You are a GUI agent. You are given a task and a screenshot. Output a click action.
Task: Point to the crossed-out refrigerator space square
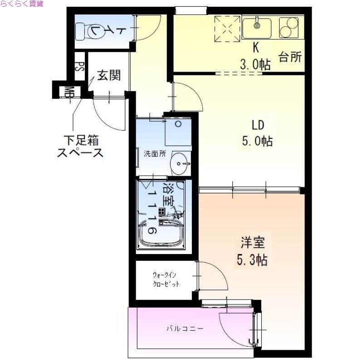[227, 28]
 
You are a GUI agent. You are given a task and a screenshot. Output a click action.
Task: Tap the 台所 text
[289, 57]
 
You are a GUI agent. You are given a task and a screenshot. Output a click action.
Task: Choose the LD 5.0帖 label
[257, 133]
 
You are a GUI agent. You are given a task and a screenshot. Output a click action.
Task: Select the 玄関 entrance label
[108, 75]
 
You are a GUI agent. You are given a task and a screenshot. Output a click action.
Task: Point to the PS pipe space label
[79, 67]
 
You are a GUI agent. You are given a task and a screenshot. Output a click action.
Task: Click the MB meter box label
[69, 92]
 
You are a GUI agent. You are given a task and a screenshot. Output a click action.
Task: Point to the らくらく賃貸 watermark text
[22, 4]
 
